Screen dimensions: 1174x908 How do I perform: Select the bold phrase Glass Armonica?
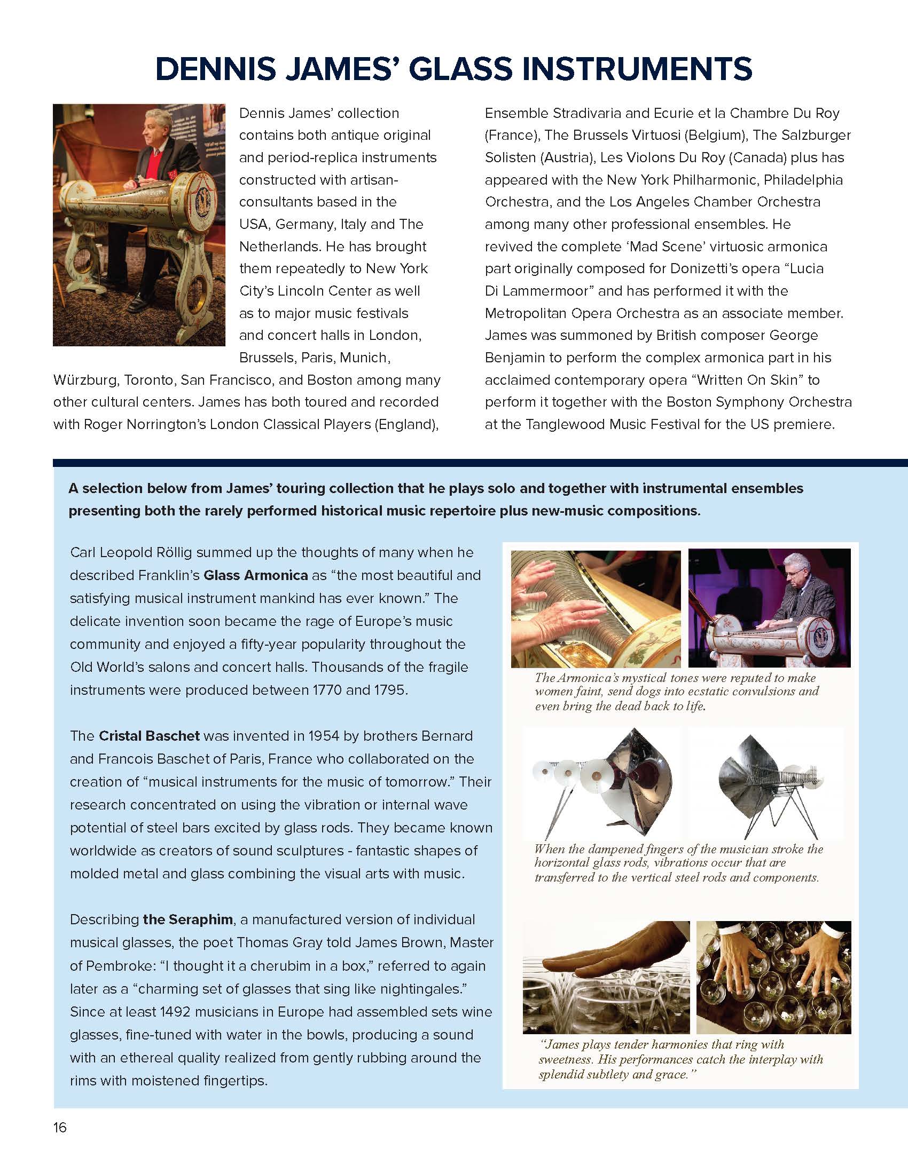coord(255,575)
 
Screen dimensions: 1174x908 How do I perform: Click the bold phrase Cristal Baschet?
coord(149,735)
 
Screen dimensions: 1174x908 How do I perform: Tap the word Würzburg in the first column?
coord(86,380)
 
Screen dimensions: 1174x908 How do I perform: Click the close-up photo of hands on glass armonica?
coord(596,608)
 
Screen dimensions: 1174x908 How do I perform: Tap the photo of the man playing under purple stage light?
coord(769,608)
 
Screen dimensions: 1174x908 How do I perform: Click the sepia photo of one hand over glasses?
coord(606,977)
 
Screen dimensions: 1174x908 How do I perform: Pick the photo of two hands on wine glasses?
coord(773,977)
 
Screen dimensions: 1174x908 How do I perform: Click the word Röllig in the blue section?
coord(195,552)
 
